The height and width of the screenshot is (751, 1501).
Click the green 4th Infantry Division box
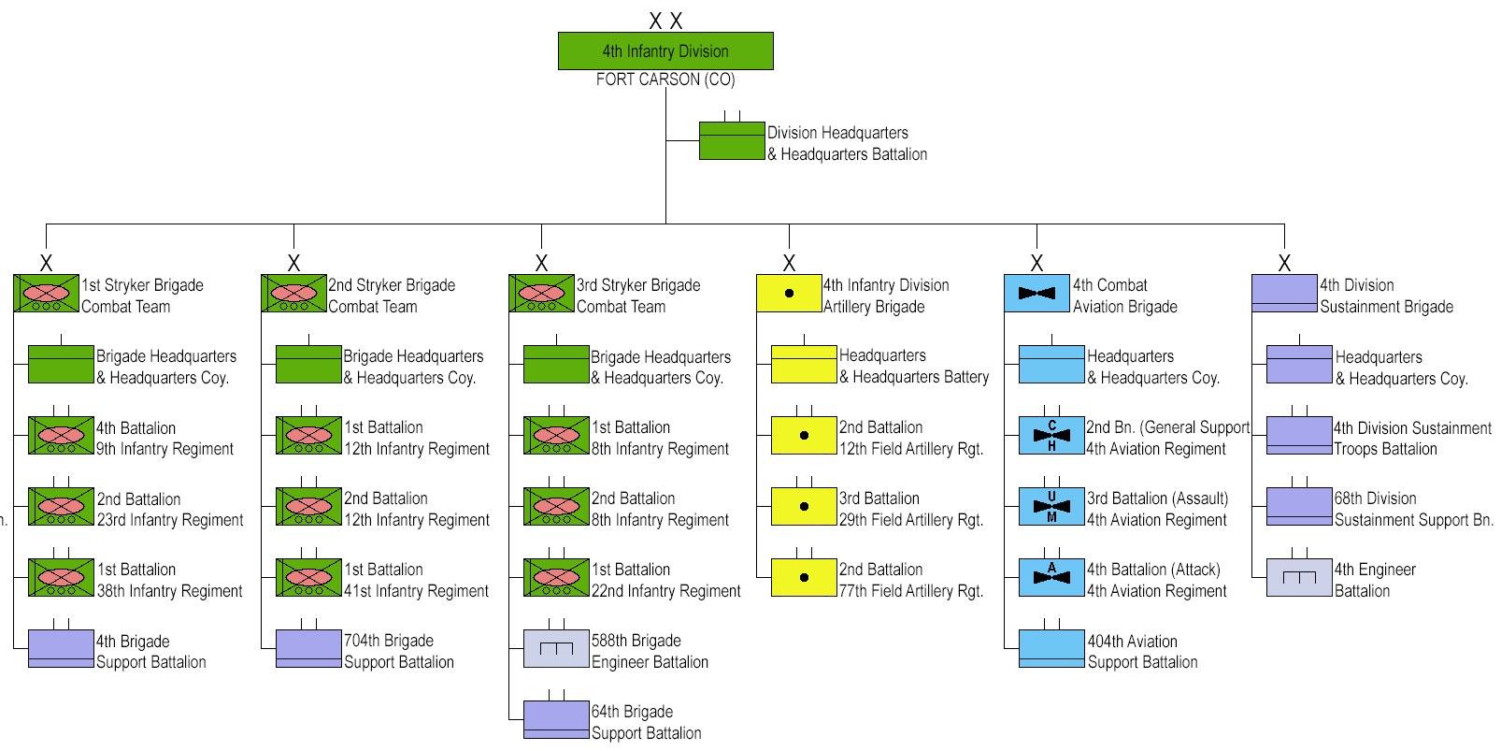click(x=665, y=51)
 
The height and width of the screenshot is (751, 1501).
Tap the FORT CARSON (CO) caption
click(x=665, y=79)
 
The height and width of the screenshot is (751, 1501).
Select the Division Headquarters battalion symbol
click(x=732, y=141)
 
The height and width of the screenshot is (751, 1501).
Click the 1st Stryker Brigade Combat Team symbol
click(x=46, y=293)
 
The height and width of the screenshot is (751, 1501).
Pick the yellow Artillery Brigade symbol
click(x=790, y=293)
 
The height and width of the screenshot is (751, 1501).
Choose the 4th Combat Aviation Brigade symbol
click(x=1036, y=293)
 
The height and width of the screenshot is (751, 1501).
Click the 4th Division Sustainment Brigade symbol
click(x=1284, y=293)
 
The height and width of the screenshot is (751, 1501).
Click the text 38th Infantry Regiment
click(x=169, y=591)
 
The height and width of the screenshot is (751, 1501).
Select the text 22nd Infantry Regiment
click(x=666, y=591)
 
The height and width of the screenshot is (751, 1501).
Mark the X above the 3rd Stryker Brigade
click(x=541, y=263)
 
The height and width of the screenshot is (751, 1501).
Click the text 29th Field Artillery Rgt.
click(x=911, y=520)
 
